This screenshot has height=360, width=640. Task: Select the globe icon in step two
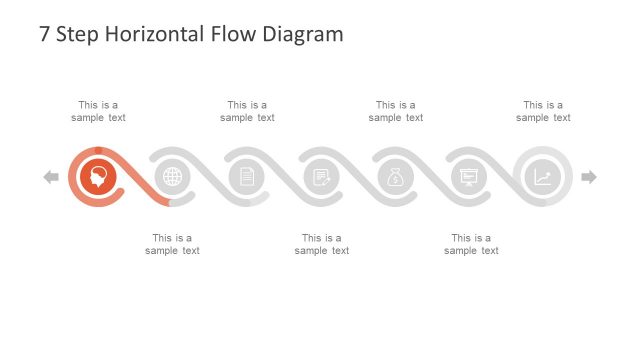point(173,177)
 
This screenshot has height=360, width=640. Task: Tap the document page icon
point(247,177)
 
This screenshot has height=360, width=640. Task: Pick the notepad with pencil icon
point(321,177)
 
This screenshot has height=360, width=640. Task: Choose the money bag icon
point(395,177)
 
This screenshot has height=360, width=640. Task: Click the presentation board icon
point(468,177)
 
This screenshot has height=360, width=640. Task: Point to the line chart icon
point(542,177)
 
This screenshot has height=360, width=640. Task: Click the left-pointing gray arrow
point(51,177)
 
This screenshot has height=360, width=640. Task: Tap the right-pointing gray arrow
point(589,177)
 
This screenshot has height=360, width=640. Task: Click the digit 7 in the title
point(44,34)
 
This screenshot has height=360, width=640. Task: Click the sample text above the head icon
point(98,111)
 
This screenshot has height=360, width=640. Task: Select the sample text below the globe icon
point(172,244)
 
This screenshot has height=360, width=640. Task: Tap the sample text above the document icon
point(247,111)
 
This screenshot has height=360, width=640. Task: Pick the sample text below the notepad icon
point(322,244)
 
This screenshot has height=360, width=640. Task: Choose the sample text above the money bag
point(395,111)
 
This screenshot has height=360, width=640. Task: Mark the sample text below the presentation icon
point(471,244)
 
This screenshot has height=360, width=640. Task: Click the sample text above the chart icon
point(543,111)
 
